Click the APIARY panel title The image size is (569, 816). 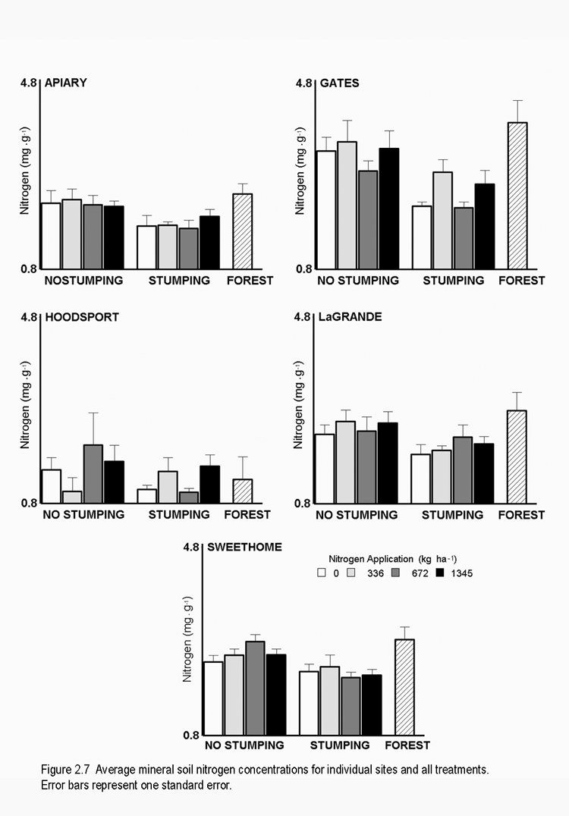pyautogui.click(x=66, y=83)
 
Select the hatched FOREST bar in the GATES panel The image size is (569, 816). pyautogui.click(x=517, y=196)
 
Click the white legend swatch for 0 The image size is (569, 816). pyautogui.click(x=322, y=573)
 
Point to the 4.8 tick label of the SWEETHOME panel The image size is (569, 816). pyautogui.click(x=190, y=547)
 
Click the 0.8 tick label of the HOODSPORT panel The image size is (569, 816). pyautogui.click(x=29, y=503)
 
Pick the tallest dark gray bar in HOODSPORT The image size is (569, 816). pyautogui.click(x=93, y=473)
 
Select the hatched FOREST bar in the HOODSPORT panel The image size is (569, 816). pyautogui.click(x=242, y=491)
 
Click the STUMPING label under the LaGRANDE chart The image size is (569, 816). pyautogui.click(x=452, y=515)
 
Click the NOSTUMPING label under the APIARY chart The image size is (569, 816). pyautogui.click(x=83, y=281)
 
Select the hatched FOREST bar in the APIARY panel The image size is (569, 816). pyautogui.click(x=242, y=231)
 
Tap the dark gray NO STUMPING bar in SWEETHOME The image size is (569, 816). pyautogui.click(x=255, y=688)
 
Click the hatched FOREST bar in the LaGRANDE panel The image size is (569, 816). pyautogui.click(x=517, y=457)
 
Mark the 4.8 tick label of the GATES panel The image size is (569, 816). pyautogui.click(x=304, y=83)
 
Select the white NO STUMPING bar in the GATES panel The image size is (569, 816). pyautogui.click(x=325, y=209)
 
